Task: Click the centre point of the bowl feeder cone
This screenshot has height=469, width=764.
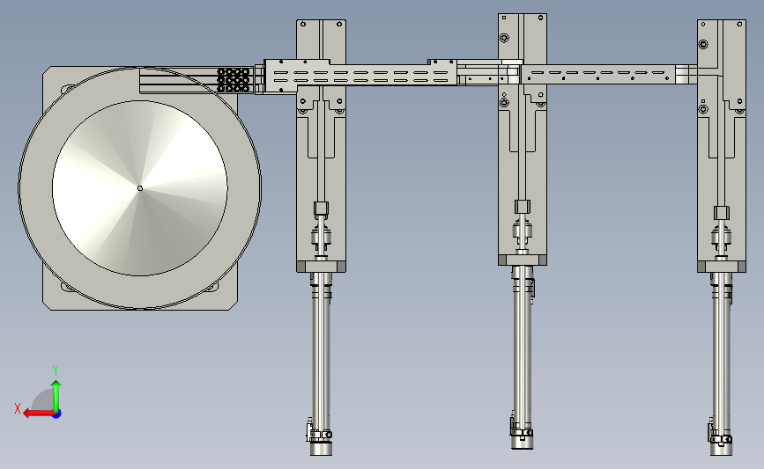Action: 140,188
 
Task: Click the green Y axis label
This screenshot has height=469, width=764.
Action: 56,370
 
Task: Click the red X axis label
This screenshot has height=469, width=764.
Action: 18,408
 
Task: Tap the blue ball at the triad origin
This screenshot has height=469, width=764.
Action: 56,414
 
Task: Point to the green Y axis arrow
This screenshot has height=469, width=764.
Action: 56,396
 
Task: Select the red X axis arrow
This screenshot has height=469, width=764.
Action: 39,414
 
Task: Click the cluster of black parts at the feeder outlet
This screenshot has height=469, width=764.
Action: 234,80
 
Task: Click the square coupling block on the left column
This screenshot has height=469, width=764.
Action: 321,209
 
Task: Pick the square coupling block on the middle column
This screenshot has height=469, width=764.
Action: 523,207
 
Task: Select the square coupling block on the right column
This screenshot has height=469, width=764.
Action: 722,213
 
